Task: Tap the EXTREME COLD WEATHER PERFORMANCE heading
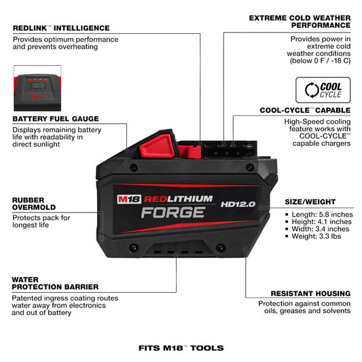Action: point(300,20)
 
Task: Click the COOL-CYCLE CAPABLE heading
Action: point(305,109)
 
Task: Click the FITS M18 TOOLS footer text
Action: point(181,347)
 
